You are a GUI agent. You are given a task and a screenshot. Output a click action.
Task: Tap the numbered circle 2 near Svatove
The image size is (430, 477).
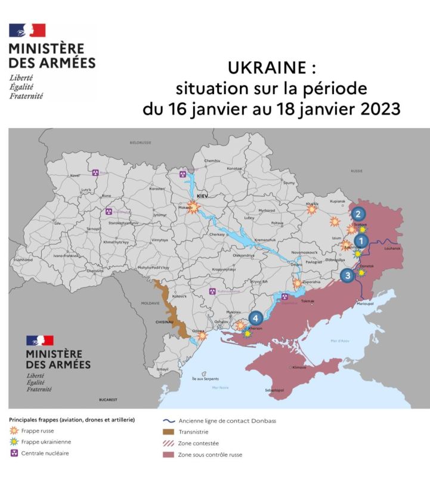[x=358, y=213]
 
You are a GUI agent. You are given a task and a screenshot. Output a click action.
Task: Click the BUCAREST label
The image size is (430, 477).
[x=108, y=399]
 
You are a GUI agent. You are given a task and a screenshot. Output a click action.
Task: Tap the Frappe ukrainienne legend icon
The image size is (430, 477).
[x=14, y=442]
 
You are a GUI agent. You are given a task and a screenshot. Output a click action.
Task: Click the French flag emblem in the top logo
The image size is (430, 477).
[x=27, y=30]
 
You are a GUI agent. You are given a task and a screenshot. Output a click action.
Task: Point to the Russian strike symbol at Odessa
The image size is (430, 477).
[x=202, y=336]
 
